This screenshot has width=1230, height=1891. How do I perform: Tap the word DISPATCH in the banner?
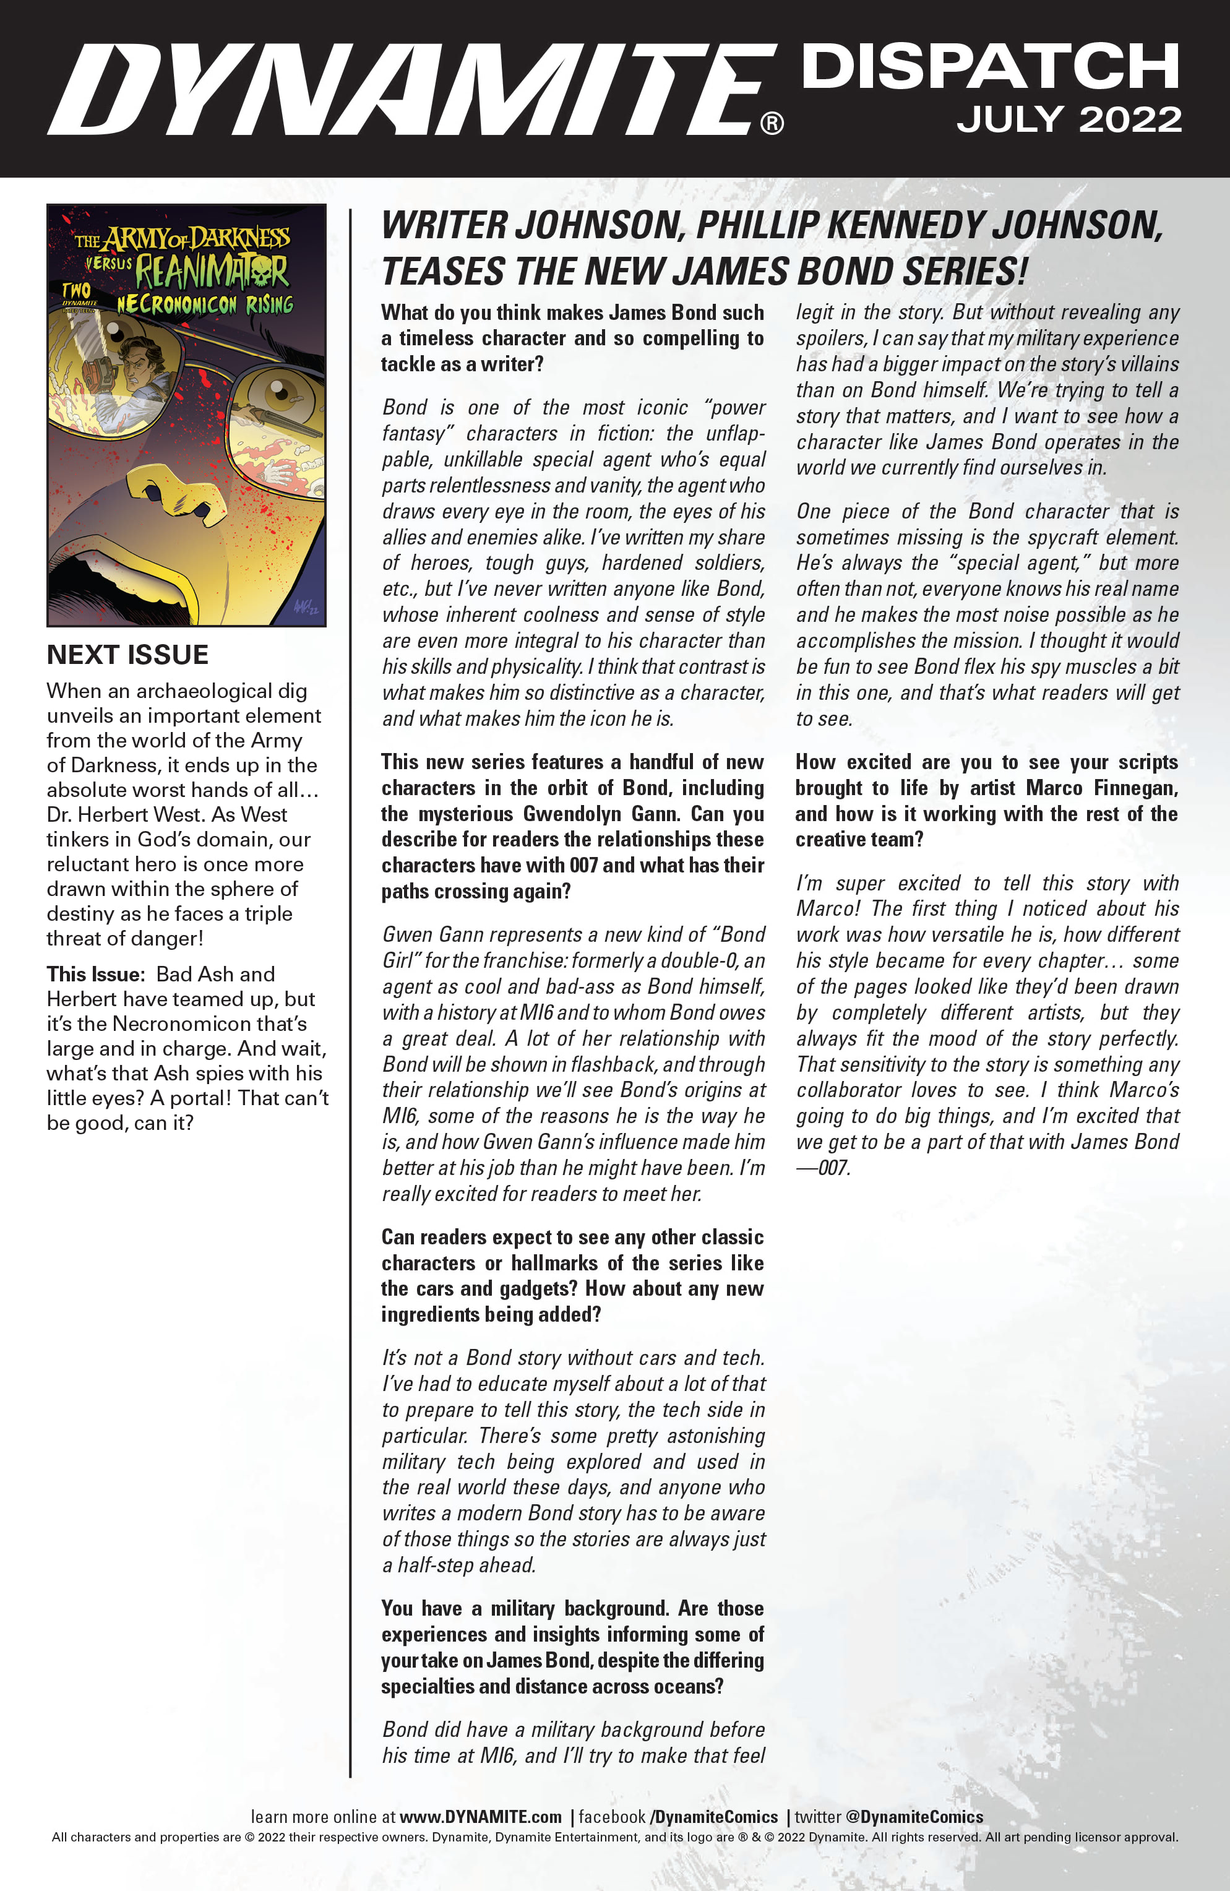point(989,67)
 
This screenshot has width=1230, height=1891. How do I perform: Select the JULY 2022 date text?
point(1069,120)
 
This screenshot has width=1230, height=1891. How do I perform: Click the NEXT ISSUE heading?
point(128,655)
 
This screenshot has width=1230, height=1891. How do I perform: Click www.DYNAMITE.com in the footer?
point(480,1817)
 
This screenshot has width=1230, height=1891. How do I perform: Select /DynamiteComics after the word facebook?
point(713,1817)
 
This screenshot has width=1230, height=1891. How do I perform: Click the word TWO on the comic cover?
point(76,291)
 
